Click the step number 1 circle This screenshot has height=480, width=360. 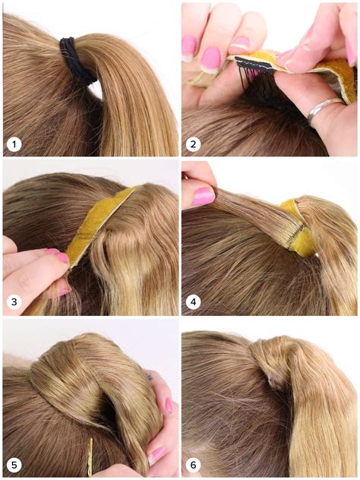[x=14, y=144]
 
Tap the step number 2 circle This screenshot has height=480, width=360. [x=193, y=144]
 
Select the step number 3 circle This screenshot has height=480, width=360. [x=14, y=302]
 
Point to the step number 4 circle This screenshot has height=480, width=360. [x=193, y=302]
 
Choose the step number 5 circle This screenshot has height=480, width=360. [x=14, y=462]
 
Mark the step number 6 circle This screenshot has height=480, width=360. [x=193, y=462]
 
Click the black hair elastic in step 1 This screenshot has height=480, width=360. [x=76, y=59]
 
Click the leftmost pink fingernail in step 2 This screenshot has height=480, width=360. [x=189, y=46]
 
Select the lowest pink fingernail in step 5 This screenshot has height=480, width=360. [x=156, y=455]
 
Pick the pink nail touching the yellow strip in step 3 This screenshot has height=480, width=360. [x=60, y=257]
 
